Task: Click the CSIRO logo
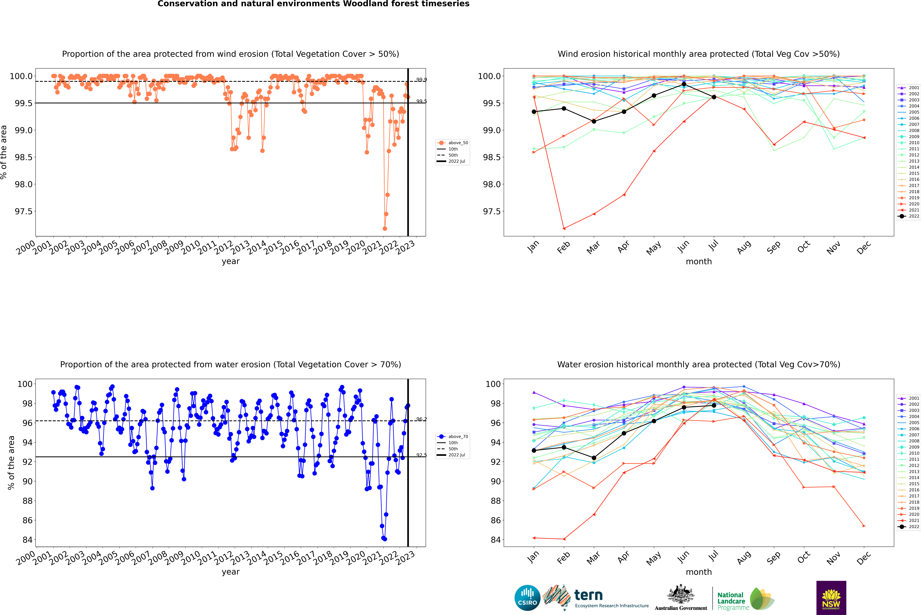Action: tap(527, 598)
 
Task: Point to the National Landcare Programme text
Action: tap(731, 601)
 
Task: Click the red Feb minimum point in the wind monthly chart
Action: tap(564, 228)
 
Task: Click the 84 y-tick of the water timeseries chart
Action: tap(27, 540)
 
